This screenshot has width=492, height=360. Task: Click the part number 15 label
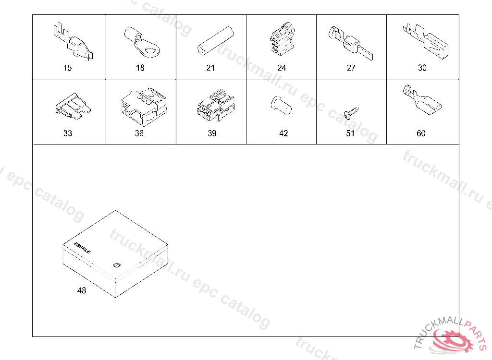pyautogui.click(x=67, y=68)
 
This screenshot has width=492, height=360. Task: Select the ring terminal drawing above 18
pyautogui.click(x=142, y=42)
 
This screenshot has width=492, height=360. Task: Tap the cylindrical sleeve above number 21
pyautogui.click(x=216, y=41)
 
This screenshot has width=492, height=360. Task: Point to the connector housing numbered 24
pyautogui.click(x=282, y=39)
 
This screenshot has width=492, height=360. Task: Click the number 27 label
pyautogui.click(x=351, y=68)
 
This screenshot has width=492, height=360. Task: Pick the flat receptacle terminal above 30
pyautogui.click(x=426, y=41)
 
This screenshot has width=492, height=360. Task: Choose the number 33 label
pyautogui.click(x=68, y=133)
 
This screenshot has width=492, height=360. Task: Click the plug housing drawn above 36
pyautogui.click(x=143, y=107)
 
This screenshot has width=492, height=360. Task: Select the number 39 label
pyautogui.click(x=212, y=133)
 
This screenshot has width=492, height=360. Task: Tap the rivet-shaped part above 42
pyautogui.click(x=281, y=106)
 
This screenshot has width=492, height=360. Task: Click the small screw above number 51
pyautogui.click(x=351, y=113)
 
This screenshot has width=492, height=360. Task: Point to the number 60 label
pyautogui.click(x=421, y=133)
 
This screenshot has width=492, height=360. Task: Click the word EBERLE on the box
pyautogui.click(x=83, y=248)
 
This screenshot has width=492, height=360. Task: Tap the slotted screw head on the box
pyautogui.click(x=116, y=265)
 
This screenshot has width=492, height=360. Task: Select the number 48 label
pyautogui.click(x=82, y=291)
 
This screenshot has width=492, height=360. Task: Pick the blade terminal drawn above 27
pyautogui.click(x=350, y=43)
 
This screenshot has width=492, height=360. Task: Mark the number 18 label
pyautogui.click(x=140, y=68)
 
